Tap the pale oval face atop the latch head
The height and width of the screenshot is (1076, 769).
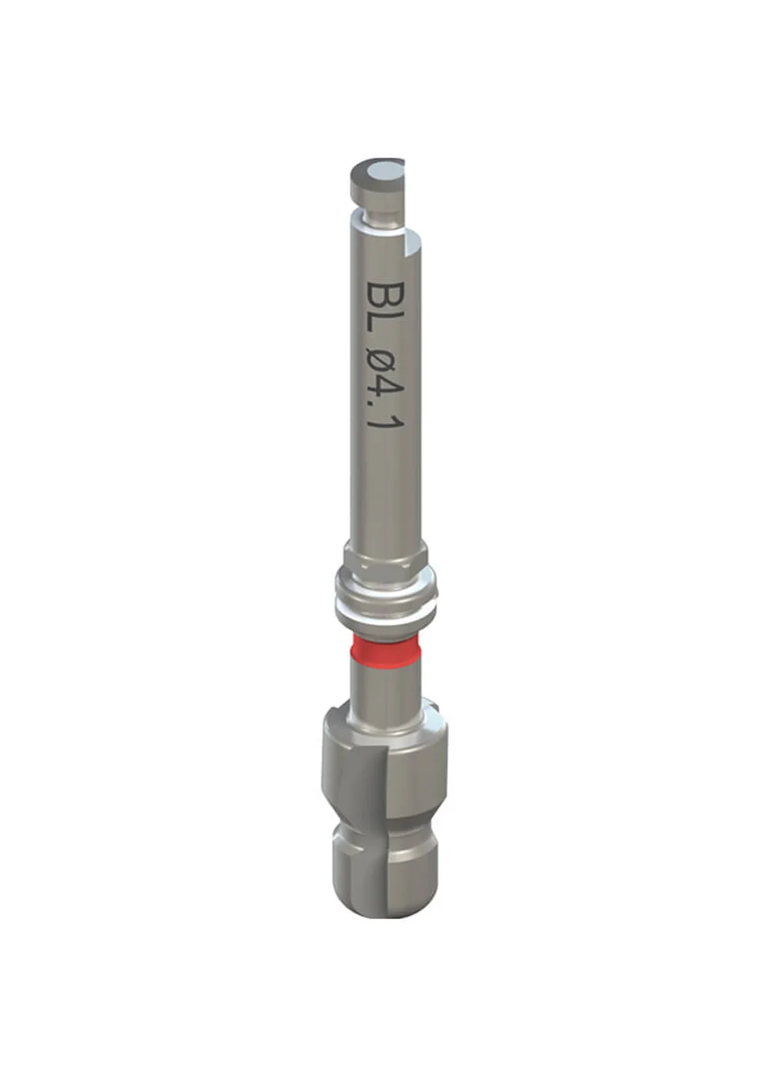[x=382, y=170]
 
